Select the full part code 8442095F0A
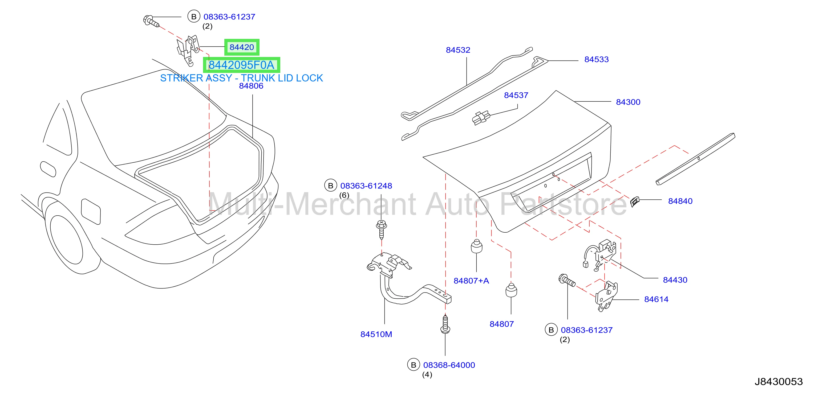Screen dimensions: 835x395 coord(241,65)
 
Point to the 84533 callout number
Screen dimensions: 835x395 coord(597,59)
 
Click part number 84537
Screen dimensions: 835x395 coord(516,95)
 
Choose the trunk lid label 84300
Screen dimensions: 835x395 coord(628,102)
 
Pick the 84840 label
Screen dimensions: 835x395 coord(680,201)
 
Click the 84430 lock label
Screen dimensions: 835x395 coord(675,280)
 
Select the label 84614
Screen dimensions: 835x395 coord(656,299)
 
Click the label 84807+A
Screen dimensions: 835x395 coord(471,281)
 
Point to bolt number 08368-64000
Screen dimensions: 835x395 coord(449,365)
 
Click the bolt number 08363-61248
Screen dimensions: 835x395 coord(366,186)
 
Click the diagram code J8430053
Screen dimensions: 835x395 coord(779,382)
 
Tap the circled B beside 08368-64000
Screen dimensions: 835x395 coord(413,365)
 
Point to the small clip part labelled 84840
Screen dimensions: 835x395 coord(634,201)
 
